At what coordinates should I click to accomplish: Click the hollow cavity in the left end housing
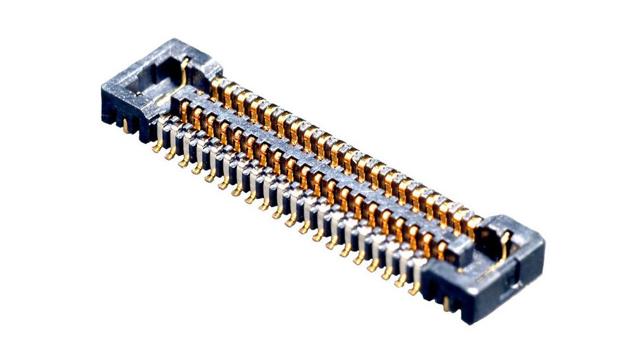click(158, 79)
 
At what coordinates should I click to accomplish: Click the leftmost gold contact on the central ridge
click(185, 111)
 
